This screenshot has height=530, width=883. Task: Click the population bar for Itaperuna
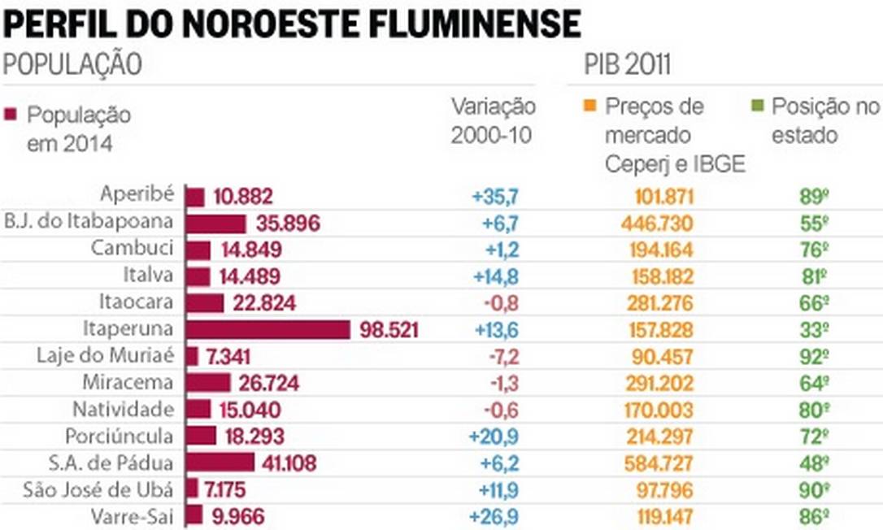[x=268, y=329]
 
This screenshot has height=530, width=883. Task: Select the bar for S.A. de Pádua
[x=220, y=463]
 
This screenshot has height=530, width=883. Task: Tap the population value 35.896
[x=287, y=224]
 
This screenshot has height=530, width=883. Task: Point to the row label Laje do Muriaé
[x=106, y=356]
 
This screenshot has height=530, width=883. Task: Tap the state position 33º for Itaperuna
[x=814, y=329]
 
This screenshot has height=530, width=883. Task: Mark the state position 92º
[x=814, y=356]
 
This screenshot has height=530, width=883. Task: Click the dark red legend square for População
[x=10, y=115]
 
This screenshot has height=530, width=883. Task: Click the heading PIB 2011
[x=626, y=65]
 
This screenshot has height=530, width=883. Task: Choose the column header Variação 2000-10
[x=493, y=120]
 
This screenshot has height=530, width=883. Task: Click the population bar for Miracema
[x=209, y=383]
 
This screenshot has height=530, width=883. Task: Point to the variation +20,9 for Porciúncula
[x=494, y=436]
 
